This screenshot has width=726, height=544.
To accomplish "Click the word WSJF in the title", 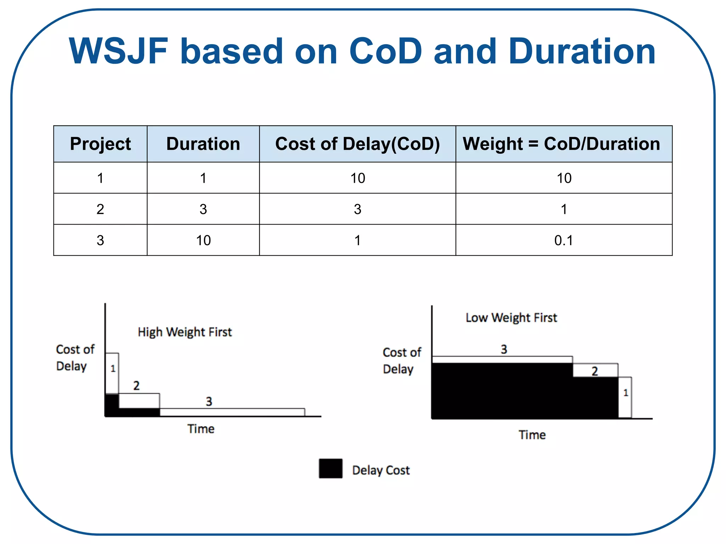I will [x=118, y=51].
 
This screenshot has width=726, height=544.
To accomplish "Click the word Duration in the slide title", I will [x=582, y=51].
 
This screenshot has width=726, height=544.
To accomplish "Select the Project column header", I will [x=100, y=144].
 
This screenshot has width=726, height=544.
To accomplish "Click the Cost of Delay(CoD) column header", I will [x=357, y=144].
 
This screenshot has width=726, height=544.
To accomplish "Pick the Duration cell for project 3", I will [x=203, y=240].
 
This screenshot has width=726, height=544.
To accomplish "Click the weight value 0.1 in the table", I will [x=564, y=240].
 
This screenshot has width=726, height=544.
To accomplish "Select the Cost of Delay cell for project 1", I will [x=357, y=178].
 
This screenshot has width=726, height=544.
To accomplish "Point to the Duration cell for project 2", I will [x=203, y=209].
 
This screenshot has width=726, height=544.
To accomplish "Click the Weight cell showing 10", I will [x=564, y=178].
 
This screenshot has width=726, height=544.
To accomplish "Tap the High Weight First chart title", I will [x=185, y=332].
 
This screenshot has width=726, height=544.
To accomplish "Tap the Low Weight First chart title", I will [x=511, y=318].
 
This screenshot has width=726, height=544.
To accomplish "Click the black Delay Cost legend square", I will [x=330, y=468].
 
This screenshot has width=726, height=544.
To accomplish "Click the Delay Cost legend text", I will [x=381, y=470].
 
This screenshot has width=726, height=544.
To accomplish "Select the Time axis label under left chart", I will [x=201, y=429].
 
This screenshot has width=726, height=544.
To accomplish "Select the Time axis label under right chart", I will [x=532, y=435].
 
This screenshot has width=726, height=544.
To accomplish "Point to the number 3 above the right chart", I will [x=504, y=350].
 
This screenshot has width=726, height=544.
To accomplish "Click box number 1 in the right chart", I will [x=625, y=393].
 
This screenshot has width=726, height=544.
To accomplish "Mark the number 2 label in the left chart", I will [x=136, y=385].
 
